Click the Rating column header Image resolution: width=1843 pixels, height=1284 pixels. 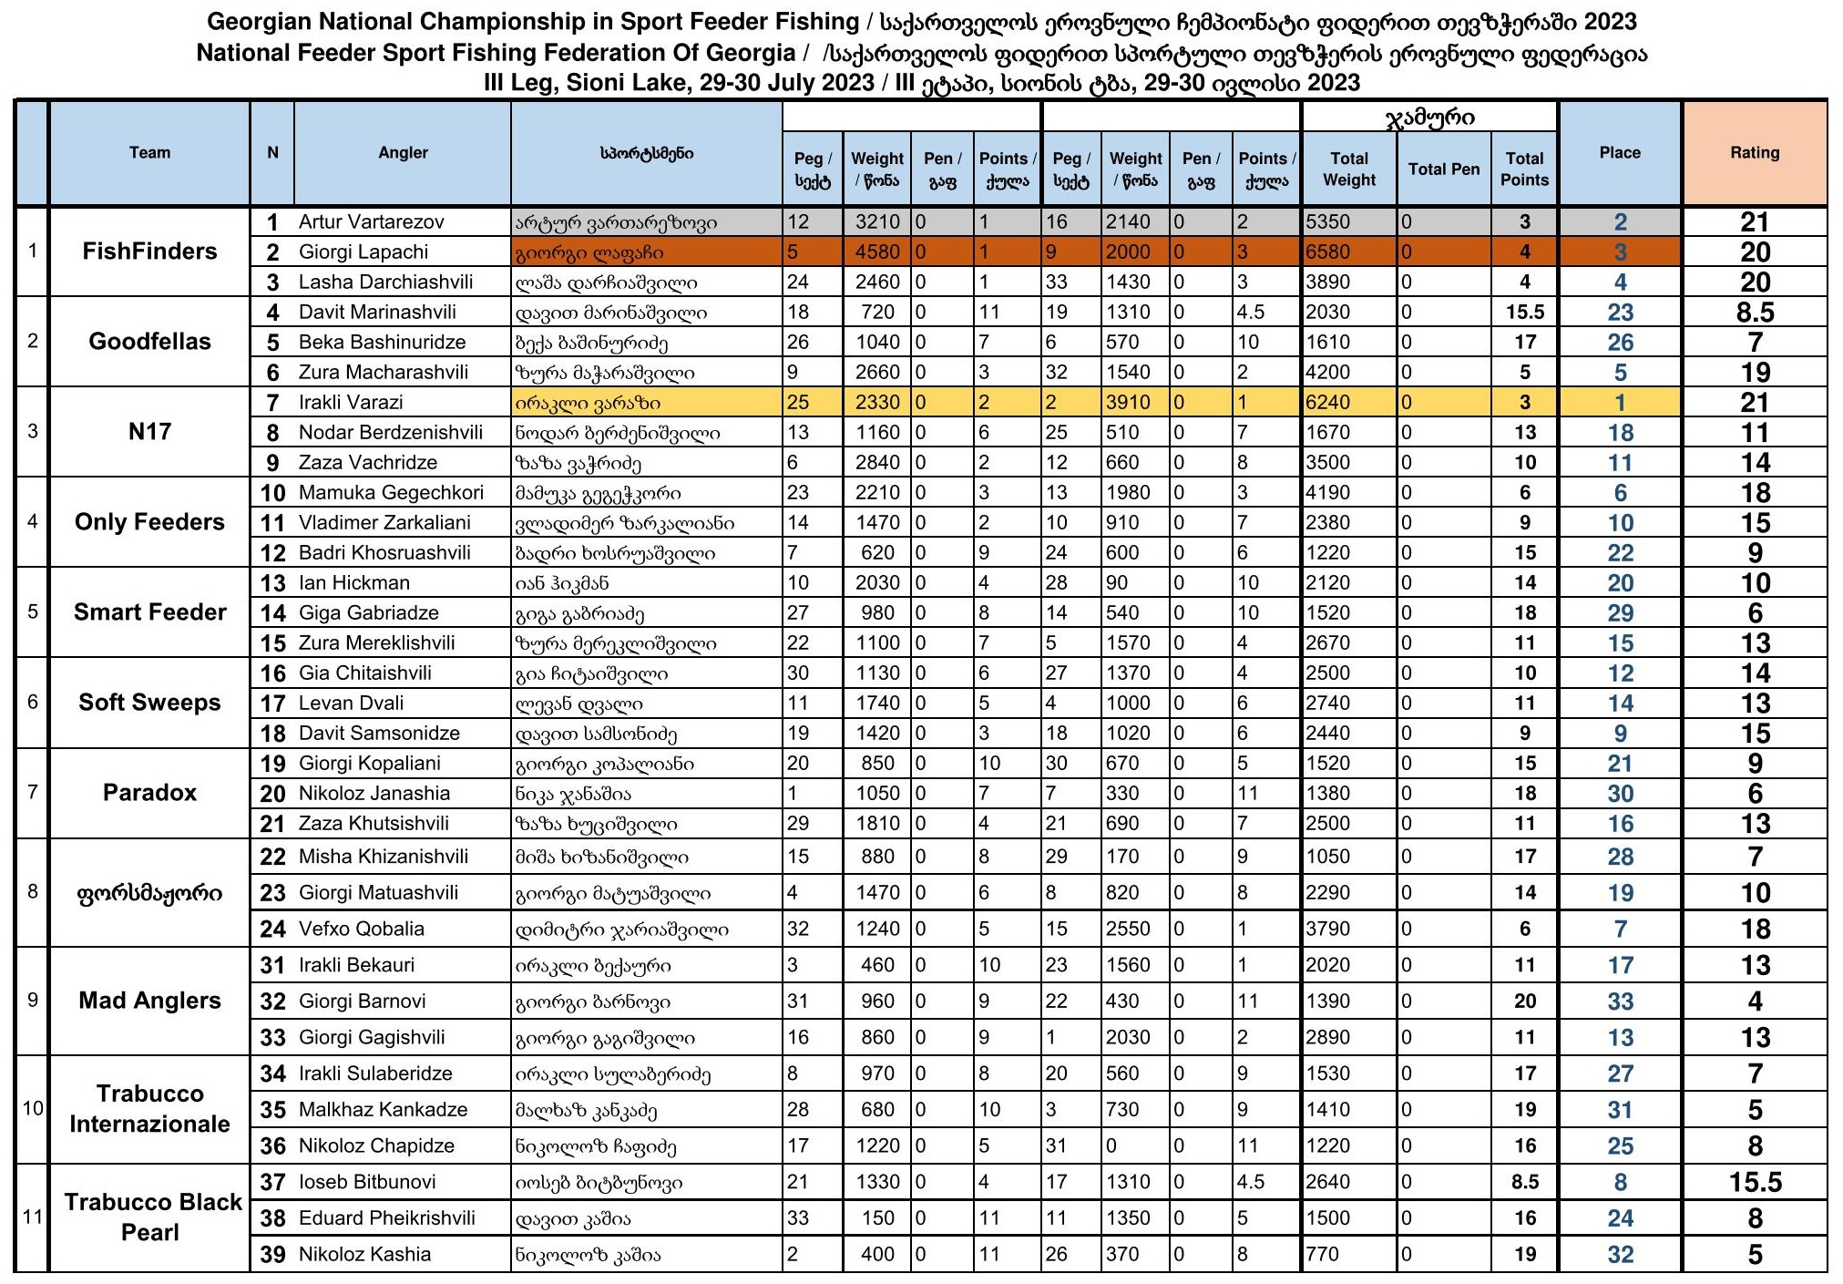tap(1754, 153)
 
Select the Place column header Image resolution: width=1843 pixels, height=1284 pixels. tap(1619, 153)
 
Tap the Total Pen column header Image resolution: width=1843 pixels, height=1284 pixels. tap(1443, 169)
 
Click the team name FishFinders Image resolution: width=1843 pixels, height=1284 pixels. tap(149, 252)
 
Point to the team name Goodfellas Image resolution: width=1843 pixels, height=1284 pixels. tap(149, 342)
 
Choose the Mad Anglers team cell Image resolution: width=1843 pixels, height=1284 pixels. tap(149, 1001)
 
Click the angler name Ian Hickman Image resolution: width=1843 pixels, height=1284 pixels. tap(354, 583)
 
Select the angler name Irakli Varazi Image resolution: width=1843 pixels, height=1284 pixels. tap(351, 403)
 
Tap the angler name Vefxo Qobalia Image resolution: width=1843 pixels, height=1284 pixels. tap(362, 930)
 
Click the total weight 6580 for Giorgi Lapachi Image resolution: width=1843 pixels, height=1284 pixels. tap(1328, 252)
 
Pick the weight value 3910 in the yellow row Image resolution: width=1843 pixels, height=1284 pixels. tap(1129, 403)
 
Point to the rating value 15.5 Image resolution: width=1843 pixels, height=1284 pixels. tap(1755, 1183)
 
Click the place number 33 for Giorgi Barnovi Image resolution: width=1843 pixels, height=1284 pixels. tap(1620, 1002)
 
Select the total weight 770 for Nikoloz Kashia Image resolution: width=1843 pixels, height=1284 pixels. tap(1322, 1255)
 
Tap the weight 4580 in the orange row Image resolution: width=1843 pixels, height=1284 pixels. tap(876, 252)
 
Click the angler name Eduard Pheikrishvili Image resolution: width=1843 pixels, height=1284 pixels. tap(387, 1218)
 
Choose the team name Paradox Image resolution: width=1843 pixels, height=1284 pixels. tap(149, 793)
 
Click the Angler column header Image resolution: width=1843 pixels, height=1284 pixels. tap(403, 153)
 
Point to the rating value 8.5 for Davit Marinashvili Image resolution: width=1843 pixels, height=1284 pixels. tap(1755, 313)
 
